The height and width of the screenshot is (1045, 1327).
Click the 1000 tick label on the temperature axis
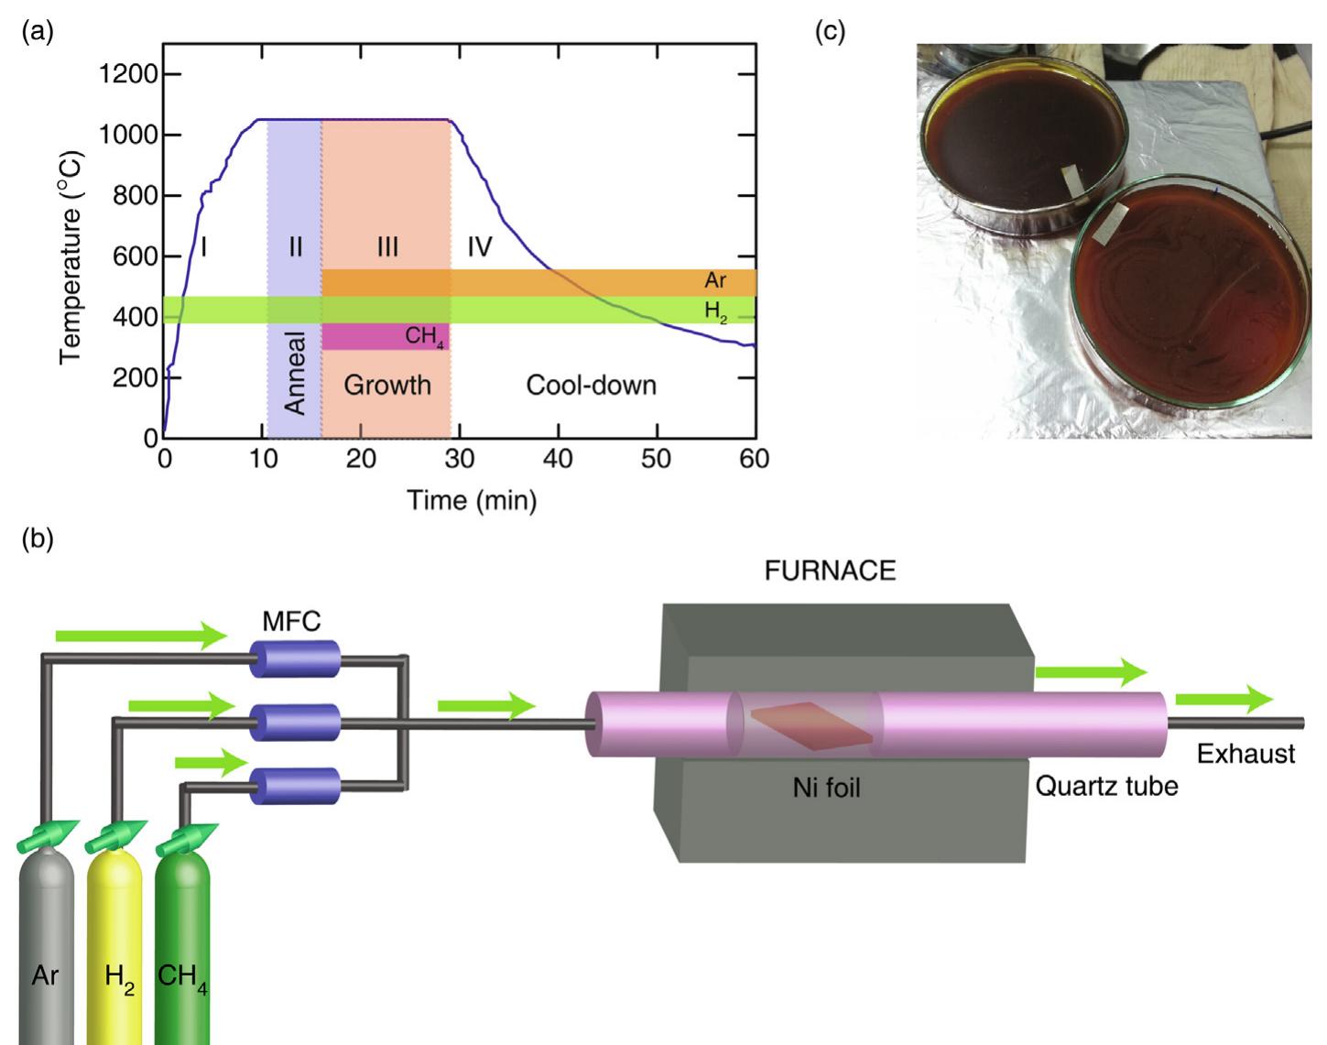127,135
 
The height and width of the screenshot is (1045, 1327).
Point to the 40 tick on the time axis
558,459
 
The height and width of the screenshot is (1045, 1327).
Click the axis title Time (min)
472,500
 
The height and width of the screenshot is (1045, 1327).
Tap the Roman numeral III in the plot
387,247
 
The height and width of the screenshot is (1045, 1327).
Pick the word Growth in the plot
387,385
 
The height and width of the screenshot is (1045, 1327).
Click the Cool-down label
591,385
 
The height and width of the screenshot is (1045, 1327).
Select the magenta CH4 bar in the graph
385,336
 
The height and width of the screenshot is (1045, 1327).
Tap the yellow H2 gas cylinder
114,943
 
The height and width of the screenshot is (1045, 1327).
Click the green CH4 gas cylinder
182,943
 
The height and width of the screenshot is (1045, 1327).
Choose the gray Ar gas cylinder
46,943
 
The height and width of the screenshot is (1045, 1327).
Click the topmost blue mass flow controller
296,659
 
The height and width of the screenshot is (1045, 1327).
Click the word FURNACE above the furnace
830,571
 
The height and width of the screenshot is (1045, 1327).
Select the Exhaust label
1245,754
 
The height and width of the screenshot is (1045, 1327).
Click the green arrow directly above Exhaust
1224,700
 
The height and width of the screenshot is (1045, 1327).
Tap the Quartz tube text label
1106,786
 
